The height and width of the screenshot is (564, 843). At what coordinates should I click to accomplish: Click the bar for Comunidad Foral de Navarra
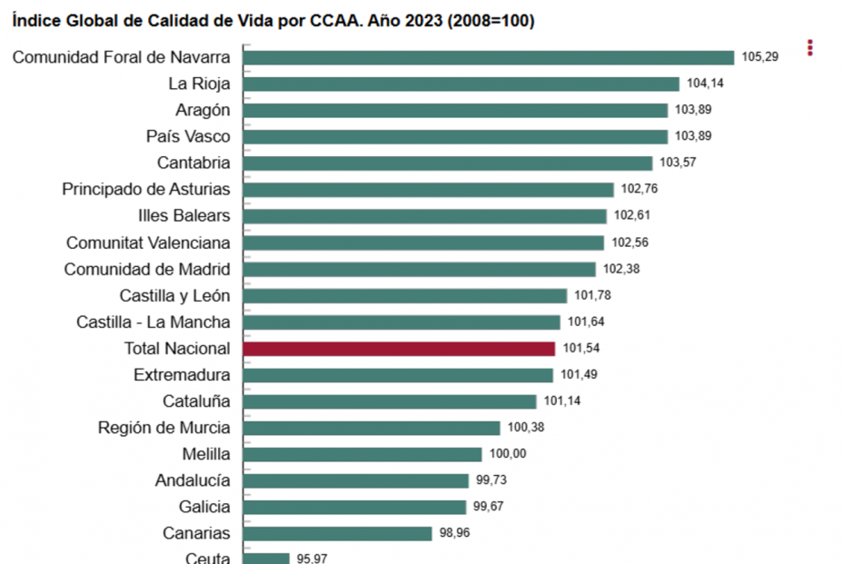[489, 57]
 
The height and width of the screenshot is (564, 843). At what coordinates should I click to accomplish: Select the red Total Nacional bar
[399, 349]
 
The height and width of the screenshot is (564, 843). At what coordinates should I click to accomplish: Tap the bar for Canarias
[338, 533]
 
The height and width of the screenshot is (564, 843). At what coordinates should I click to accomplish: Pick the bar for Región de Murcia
[372, 428]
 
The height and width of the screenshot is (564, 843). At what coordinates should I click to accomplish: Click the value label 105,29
[760, 57]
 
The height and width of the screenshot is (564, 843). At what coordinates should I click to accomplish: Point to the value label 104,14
[705, 84]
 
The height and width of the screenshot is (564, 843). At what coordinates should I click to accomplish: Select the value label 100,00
[508, 454]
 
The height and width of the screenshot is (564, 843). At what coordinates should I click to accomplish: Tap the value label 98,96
[458, 533]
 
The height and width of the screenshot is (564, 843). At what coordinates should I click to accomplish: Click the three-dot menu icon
[809, 47]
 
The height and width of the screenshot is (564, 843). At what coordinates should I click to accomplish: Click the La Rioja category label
[199, 84]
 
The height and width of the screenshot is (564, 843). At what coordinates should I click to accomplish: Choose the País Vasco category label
[188, 136]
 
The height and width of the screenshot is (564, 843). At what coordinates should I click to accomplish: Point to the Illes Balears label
[183, 215]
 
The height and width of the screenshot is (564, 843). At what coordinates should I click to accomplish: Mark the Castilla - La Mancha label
[154, 322]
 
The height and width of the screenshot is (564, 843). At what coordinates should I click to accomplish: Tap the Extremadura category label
[182, 374]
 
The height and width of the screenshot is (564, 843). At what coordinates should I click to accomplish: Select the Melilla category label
[206, 454]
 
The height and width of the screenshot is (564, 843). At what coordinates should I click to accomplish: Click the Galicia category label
[204, 507]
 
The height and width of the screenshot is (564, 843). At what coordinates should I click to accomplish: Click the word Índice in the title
[36, 21]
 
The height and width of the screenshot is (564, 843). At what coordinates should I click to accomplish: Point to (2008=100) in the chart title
[491, 21]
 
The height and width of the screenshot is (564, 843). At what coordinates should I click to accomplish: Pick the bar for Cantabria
[448, 163]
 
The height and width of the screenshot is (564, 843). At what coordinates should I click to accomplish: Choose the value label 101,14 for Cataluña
[562, 401]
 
